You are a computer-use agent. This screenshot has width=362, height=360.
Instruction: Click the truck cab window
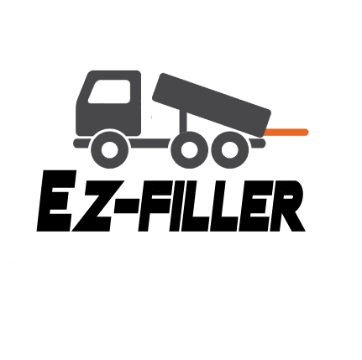pyautogui.click(x=110, y=91)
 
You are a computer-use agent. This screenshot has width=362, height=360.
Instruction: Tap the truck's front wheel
pyautogui.click(x=109, y=149)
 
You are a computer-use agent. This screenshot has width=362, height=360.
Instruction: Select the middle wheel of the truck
pyautogui.click(x=189, y=149)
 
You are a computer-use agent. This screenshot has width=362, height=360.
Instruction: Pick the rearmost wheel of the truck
pyautogui.click(x=229, y=149)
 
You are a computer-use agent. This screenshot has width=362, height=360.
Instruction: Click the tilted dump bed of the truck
pyautogui.click(x=212, y=105)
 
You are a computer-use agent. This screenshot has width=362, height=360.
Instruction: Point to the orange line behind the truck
pyautogui.click(x=286, y=132)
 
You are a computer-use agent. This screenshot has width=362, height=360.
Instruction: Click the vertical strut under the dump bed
pyautogui.click(x=183, y=121)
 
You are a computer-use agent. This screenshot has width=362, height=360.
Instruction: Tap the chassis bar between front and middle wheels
pyautogui.click(x=150, y=143)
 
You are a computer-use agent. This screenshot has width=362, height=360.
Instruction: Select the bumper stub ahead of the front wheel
pyautogui.click(x=82, y=143)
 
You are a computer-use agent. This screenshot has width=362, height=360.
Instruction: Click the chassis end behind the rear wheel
pyautogui.click(x=258, y=143)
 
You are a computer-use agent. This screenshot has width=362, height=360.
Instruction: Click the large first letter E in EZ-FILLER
pyautogui.click(x=56, y=201)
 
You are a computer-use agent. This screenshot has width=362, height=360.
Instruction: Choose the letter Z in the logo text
pyautogui.click(x=92, y=206)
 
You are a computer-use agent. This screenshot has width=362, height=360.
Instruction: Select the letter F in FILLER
pyautogui.click(x=155, y=206)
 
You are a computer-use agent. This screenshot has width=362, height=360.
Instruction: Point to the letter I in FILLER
pyautogui.click(x=180, y=206)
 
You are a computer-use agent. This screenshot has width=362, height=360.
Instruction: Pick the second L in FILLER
pyautogui.click(x=226, y=206)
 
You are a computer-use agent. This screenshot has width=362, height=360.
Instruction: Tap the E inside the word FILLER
pyautogui.click(x=254, y=206)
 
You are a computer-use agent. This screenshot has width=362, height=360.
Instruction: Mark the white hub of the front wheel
pyautogui.click(x=109, y=149)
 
